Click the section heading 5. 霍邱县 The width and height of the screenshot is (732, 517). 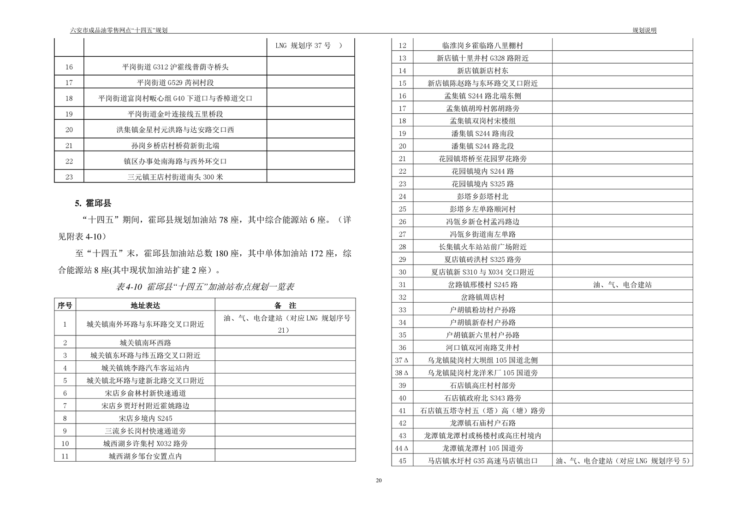click(x=93, y=203)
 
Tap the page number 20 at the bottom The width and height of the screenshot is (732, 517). click(x=379, y=480)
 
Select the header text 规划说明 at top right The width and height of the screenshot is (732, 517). click(x=644, y=30)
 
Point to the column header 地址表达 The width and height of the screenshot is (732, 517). click(x=145, y=305)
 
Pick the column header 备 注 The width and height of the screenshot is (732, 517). click(x=285, y=305)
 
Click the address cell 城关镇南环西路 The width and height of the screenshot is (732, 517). click(x=145, y=343)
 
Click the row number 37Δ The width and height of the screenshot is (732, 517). click(x=402, y=360)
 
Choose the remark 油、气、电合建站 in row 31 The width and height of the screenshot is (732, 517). click(x=622, y=285)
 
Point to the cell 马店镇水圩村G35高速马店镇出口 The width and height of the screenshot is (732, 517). click(x=482, y=461)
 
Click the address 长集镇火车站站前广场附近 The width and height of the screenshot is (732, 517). click(x=482, y=247)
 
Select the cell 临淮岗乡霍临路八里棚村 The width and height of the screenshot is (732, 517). click(x=482, y=46)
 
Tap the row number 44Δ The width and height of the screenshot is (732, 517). click(x=402, y=448)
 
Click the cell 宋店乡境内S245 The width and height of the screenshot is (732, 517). click(x=145, y=418)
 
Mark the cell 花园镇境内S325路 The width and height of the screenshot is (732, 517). click(x=482, y=184)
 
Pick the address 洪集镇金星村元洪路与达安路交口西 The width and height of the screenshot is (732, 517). click(x=175, y=130)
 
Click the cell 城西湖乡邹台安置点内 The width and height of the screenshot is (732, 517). click(x=145, y=456)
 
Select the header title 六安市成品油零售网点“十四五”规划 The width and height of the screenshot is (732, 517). click(x=119, y=30)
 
